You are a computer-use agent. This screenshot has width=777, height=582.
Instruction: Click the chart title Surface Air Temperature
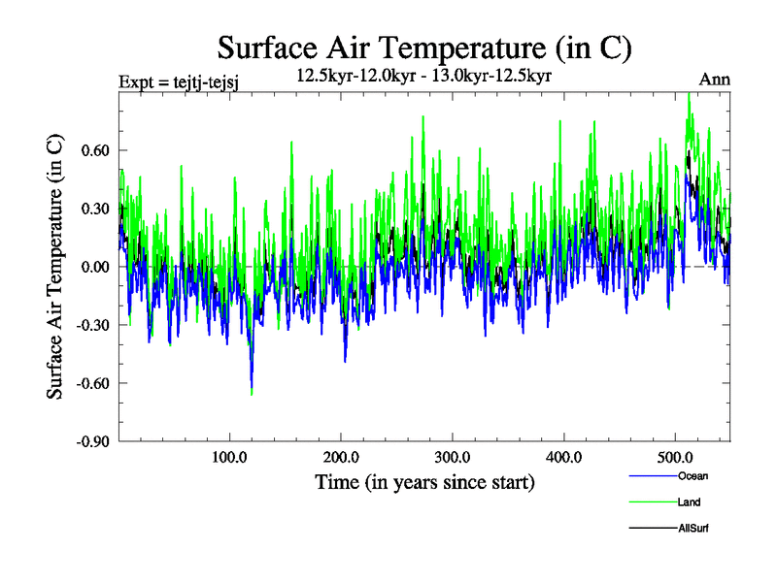tap(425, 48)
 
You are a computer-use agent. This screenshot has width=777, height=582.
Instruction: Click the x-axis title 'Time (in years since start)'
tap(424, 481)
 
